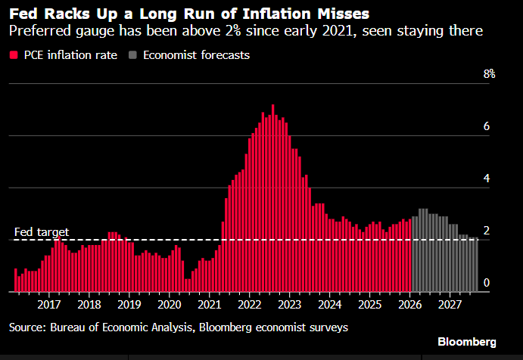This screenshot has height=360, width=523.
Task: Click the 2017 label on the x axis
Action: click(49, 304)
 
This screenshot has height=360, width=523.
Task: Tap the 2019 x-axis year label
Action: click(129, 304)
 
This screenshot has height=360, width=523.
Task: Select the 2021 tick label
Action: click(210, 304)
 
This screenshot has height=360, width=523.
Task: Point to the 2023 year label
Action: click(290, 304)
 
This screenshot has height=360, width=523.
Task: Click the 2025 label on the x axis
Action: click(369, 304)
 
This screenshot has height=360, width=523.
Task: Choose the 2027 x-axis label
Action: click(450, 304)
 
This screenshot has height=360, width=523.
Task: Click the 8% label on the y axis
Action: click(490, 73)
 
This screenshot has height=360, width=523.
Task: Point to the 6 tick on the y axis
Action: click(487, 126)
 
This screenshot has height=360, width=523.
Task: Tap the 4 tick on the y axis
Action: click(487, 178)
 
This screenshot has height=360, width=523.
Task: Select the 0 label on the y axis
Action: click(487, 283)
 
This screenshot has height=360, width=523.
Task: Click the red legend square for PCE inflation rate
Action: click(14, 55)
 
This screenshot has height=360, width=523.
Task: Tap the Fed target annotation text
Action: click(42, 231)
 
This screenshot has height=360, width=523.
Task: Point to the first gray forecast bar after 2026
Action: click(413, 254)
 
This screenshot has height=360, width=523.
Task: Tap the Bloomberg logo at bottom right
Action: click(467, 342)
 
